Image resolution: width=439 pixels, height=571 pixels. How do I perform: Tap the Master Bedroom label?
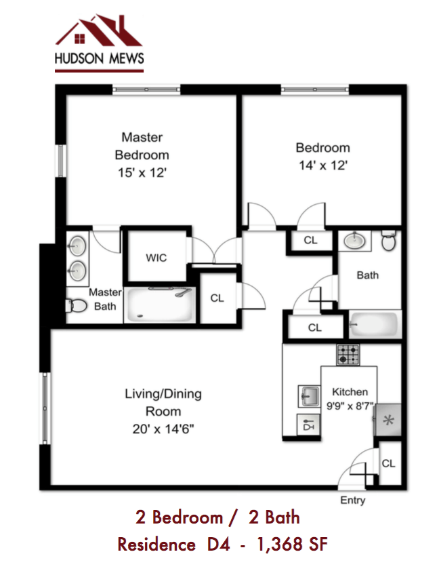pos(142,146)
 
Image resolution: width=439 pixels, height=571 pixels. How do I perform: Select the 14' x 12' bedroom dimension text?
pos(322,165)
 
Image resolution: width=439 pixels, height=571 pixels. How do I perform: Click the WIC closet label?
pos(156,258)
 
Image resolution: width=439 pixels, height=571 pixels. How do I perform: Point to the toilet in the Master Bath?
pos(77,307)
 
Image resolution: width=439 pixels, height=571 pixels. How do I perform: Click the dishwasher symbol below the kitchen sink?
pos(309,425)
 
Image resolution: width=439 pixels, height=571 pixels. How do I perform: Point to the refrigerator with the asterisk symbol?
pos(389,420)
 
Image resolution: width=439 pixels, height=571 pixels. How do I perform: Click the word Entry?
pos(352,500)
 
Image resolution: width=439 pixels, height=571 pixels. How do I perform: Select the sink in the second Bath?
pos(353,240)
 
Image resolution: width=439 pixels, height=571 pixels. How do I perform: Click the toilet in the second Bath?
pos(388,241)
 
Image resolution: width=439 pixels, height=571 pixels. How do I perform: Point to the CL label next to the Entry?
pos(388,464)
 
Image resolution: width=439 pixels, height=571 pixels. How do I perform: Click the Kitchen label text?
pos(350,392)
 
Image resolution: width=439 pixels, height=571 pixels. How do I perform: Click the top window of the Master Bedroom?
pos(146,89)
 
